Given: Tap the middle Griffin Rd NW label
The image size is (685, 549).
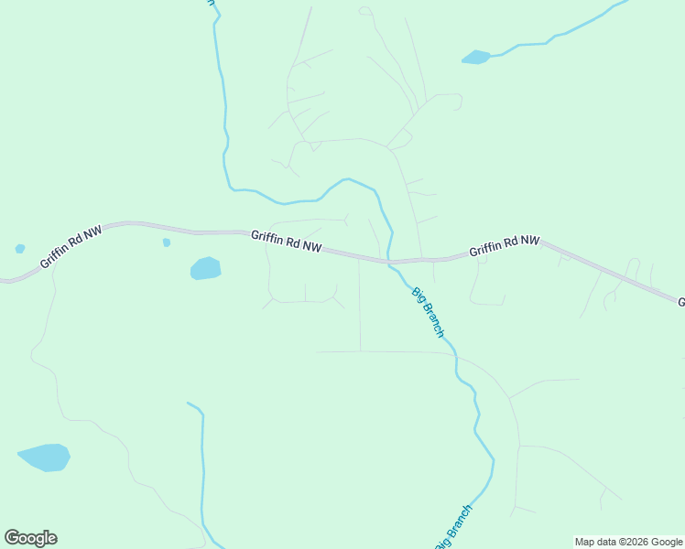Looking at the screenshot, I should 287,242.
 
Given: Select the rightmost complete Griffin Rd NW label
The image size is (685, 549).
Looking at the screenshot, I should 504,245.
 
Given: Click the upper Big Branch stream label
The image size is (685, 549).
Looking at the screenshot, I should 428,313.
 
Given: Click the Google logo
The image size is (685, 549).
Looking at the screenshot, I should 30,538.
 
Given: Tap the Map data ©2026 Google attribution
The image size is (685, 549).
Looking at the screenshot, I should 628,542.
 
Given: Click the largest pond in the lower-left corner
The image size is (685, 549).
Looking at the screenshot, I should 44,457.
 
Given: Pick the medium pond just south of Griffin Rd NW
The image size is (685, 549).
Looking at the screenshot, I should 205,268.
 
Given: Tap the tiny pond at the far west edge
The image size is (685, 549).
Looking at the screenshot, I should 20,248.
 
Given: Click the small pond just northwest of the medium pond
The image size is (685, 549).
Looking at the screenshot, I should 166,242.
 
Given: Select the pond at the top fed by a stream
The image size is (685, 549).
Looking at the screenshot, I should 476,58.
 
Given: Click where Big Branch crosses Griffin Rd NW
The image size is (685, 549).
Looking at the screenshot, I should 390,262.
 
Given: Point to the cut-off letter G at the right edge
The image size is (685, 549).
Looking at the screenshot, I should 680,301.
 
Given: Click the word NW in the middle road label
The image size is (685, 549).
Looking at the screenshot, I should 311,247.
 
